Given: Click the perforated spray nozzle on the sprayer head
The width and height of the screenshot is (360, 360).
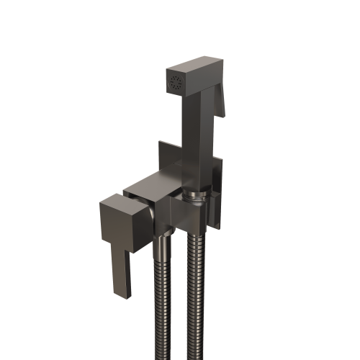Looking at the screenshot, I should pos(174,81).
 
